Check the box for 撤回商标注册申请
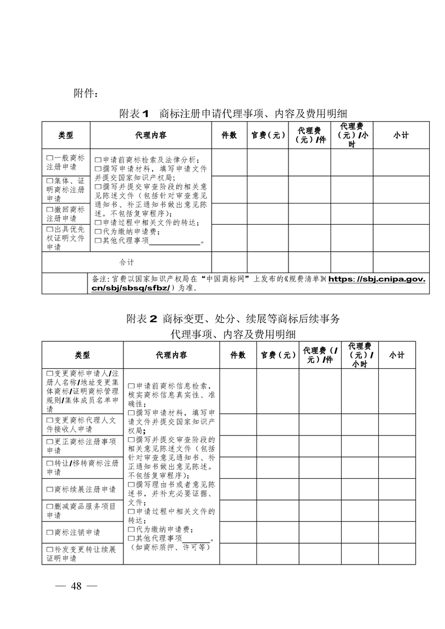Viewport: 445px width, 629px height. (49, 210)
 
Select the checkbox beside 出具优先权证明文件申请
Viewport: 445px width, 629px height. (49, 230)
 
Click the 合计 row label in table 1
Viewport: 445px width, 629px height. (127, 262)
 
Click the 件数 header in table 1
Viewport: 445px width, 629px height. (229, 135)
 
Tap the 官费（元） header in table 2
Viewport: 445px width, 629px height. (278, 355)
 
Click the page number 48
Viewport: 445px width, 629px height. (77, 586)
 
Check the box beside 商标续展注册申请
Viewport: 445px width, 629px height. (49, 489)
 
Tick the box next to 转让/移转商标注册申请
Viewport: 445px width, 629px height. (49, 464)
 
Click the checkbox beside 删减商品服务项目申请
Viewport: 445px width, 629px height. (49, 506)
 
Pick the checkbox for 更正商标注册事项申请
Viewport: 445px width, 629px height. (49, 442)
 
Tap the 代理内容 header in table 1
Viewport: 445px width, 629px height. (150, 135)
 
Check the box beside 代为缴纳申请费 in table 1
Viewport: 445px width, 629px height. (98, 232)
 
